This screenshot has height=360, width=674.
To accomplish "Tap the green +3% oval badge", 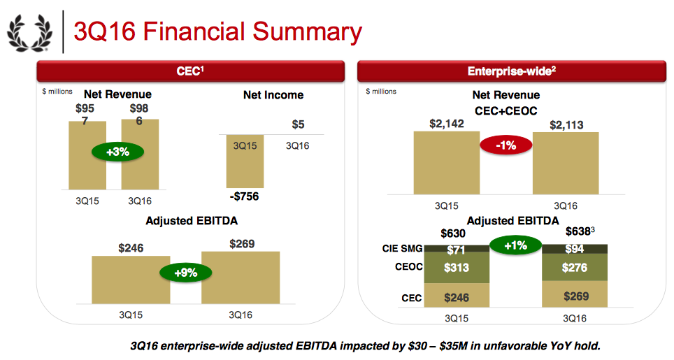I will (113, 152).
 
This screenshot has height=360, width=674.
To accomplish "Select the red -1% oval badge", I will (505, 145).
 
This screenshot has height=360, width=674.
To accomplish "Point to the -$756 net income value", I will (244, 196).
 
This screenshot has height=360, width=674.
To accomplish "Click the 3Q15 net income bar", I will (244, 160).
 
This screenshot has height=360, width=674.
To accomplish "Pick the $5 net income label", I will (298, 124).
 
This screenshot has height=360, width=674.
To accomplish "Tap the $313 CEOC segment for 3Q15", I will (455, 268).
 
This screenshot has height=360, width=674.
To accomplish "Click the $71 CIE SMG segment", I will (455, 249).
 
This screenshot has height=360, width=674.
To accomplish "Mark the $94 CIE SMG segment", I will (575, 249).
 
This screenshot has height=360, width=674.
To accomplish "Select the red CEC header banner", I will (189, 71).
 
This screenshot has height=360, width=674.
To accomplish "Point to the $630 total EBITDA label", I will (454, 233).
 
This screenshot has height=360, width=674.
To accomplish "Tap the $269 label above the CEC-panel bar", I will (241, 244).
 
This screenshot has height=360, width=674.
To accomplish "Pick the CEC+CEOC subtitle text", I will (505, 109).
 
